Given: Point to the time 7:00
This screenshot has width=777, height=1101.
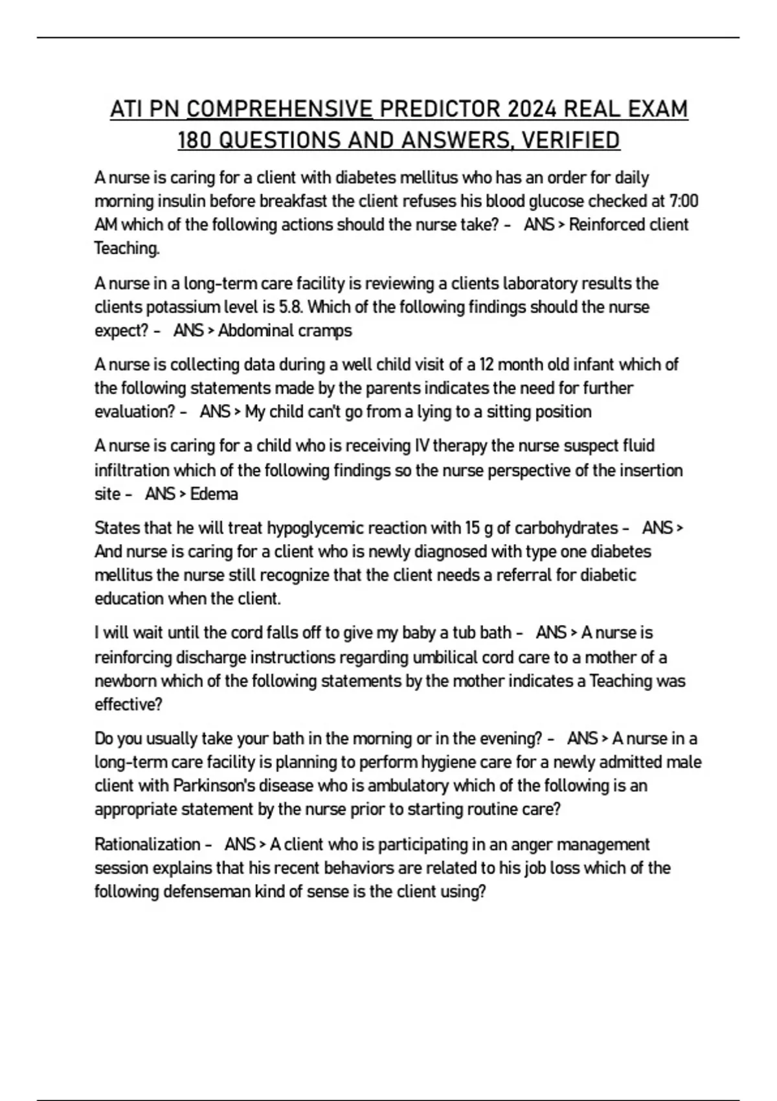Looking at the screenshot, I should (x=683, y=201).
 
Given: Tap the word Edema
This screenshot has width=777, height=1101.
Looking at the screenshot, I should (x=214, y=494).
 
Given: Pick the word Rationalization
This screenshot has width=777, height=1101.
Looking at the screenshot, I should (x=147, y=845).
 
